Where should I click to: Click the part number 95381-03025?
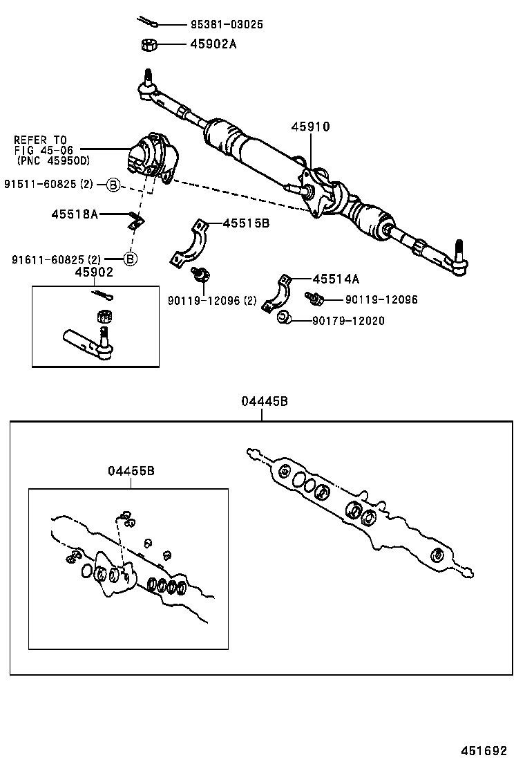click(227, 25)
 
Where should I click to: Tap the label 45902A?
click(213, 44)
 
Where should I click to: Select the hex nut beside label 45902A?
click(149, 45)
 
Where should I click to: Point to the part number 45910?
click(310, 127)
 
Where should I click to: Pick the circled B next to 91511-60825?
click(114, 184)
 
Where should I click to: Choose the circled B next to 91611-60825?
click(131, 259)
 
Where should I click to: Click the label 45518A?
click(75, 214)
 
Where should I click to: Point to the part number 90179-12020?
click(348, 321)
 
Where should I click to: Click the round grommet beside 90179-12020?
click(283, 318)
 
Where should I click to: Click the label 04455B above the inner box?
click(131, 470)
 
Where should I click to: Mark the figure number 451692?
click(484, 751)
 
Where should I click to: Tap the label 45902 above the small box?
click(94, 272)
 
